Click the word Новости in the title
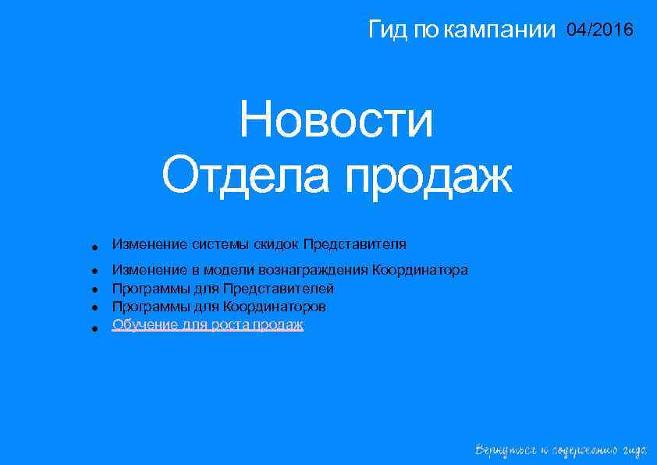click(x=336, y=121)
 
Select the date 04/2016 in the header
click(x=601, y=30)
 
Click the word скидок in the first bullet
click(x=275, y=244)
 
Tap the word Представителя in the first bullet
click(x=355, y=244)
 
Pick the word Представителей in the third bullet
click(x=279, y=289)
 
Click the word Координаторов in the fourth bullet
click(x=275, y=307)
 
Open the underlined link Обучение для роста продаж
click(x=208, y=325)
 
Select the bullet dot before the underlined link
click(x=93, y=328)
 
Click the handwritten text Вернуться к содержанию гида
click(x=561, y=450)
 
